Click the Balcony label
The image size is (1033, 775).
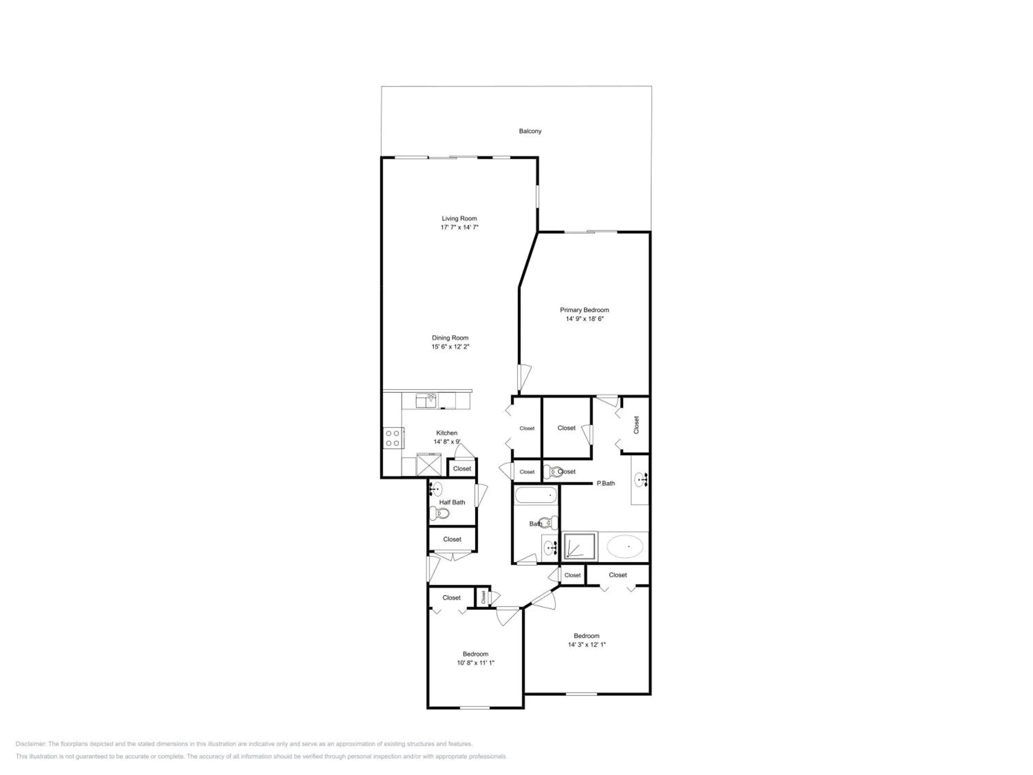530,131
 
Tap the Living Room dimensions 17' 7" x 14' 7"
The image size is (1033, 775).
460,227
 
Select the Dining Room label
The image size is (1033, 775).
450,338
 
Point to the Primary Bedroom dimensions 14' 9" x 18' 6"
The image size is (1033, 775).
585,319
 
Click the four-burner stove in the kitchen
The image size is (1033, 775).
392,438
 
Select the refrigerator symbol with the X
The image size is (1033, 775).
429,465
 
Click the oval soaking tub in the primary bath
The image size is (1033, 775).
625,547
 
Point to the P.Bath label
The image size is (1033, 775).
606,484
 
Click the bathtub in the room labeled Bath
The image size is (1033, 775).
536,495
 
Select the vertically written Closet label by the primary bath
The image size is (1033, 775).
636,425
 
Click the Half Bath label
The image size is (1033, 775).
452,502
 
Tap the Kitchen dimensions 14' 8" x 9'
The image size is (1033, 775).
447,442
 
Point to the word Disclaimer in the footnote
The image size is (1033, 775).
30,744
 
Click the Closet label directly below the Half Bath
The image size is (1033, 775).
452,539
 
